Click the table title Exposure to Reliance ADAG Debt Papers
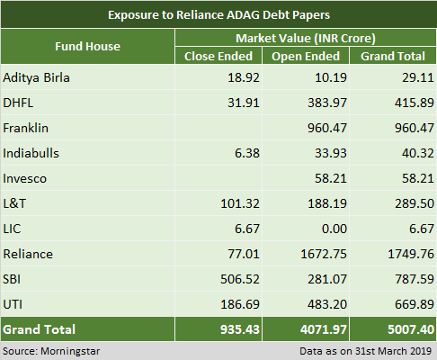click(218, 14)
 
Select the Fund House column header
click(87, 45)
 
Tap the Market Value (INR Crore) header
click(305, 39)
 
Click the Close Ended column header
click(218, 56)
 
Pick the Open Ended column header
click(306, 56)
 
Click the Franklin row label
click(26, 128)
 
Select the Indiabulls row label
click(31, 153)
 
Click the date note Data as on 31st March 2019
click(363, 350)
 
